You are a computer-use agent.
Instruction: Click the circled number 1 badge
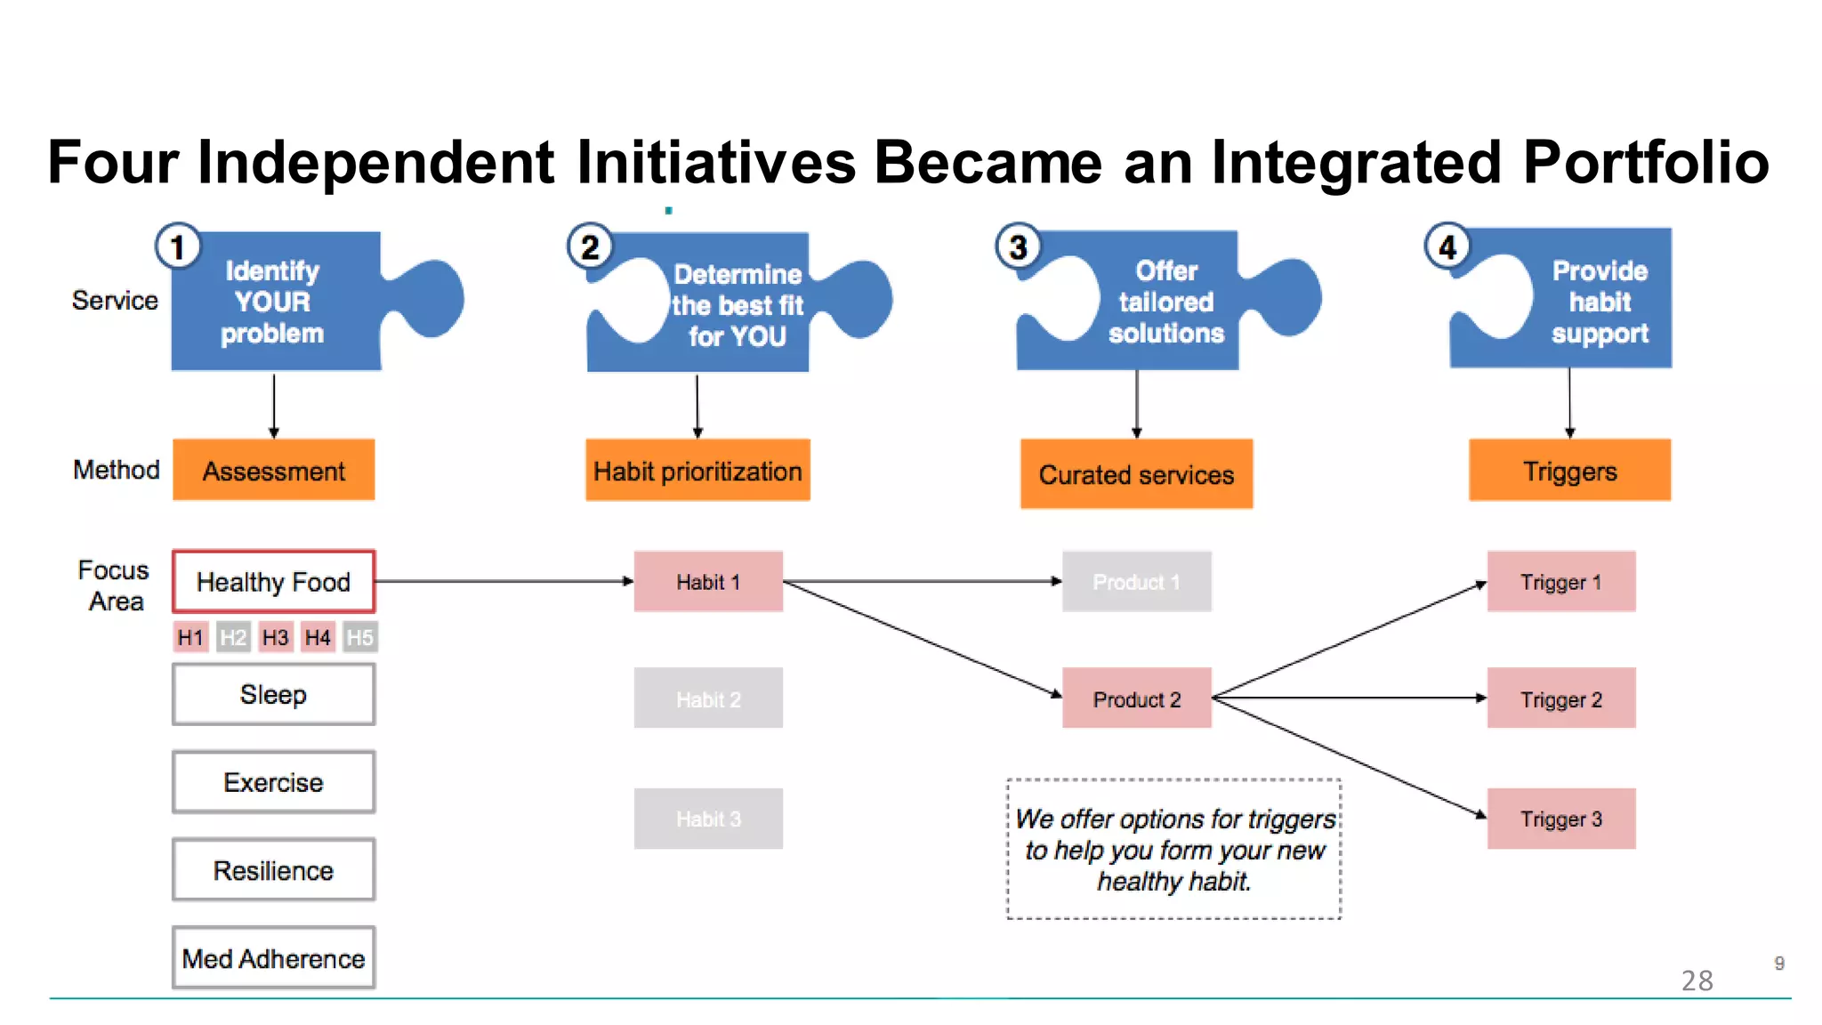point(178,246)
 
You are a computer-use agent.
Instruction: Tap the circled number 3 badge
point(1018,246)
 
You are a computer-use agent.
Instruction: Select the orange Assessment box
point(273,470)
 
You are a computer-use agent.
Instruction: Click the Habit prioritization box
point(697,470)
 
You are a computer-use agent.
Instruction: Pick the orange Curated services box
point(1136,473)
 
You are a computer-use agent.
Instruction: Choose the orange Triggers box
point(1569,470)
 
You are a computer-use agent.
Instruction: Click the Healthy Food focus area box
point(273,581)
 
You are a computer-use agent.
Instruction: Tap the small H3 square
point(275,637)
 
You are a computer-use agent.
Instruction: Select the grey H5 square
point(359,637)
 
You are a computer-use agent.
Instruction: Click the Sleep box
point(273,694)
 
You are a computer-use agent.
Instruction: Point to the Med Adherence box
point(273,958)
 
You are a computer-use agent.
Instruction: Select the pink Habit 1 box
point(708,581)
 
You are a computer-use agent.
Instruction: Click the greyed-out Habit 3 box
point(708,819)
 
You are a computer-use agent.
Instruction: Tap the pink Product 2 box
point(1136,698)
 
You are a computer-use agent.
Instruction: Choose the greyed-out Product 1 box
point(1136,581)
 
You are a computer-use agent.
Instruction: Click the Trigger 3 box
point(1560,819)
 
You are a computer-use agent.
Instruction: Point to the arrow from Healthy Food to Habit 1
point(503,581)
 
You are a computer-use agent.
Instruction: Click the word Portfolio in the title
point(1646,162)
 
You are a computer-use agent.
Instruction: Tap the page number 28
point(1697,981)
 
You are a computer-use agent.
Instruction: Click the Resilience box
point(273,870)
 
